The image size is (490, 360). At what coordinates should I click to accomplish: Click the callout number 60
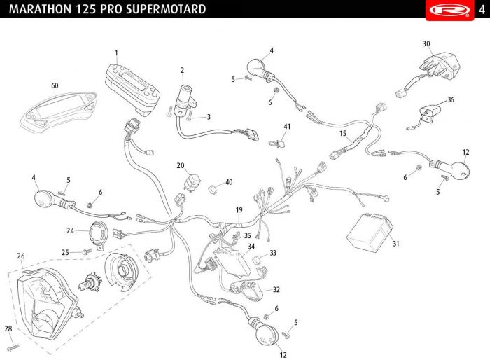point(55,85)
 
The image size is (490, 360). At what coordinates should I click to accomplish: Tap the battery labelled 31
point(370,232)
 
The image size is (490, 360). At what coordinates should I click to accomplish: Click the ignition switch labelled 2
point(185,99)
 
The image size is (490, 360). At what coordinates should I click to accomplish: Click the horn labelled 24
point(98,233)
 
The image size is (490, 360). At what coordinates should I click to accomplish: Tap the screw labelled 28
point(13,348)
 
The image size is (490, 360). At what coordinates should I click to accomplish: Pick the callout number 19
point(239,210)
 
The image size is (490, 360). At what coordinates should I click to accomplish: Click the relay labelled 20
point(192,181)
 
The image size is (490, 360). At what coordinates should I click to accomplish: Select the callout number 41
point(287,126)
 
